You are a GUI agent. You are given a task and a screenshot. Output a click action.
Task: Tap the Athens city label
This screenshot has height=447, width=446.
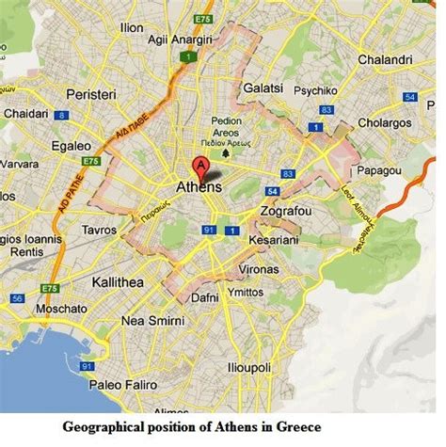coord(199,187)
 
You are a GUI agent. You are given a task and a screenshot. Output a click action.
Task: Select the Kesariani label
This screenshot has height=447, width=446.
coord(276,241)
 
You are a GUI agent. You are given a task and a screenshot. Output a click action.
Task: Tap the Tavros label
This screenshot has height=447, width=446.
coord(100,229)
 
